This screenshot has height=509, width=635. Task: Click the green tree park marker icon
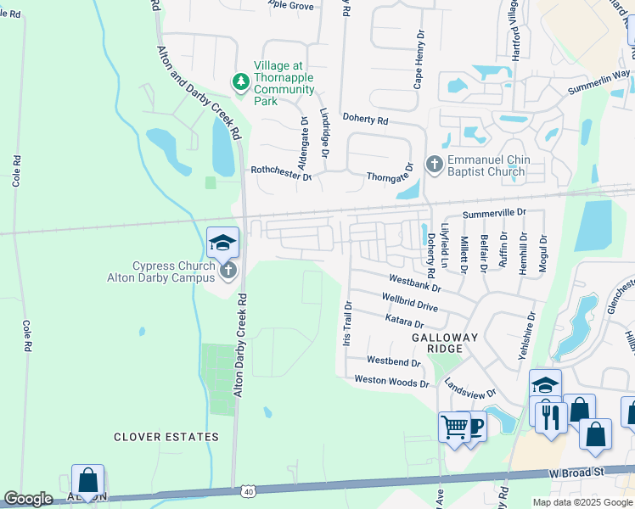[242, 81]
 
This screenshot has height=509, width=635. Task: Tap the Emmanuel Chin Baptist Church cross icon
[434, 163]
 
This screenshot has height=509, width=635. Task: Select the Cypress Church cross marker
[227, 271]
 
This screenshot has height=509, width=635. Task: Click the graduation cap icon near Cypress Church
[222, 243]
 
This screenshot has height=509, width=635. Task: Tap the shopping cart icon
[455, 426]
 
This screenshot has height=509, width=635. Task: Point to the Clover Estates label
[166, 437]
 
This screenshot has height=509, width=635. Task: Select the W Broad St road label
[576, 471]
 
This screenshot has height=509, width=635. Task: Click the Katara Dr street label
[402, 323]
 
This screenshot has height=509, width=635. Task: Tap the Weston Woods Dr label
[391, 382]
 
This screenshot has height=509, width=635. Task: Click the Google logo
[28, 499]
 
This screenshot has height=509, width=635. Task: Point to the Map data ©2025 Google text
[582, 502]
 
